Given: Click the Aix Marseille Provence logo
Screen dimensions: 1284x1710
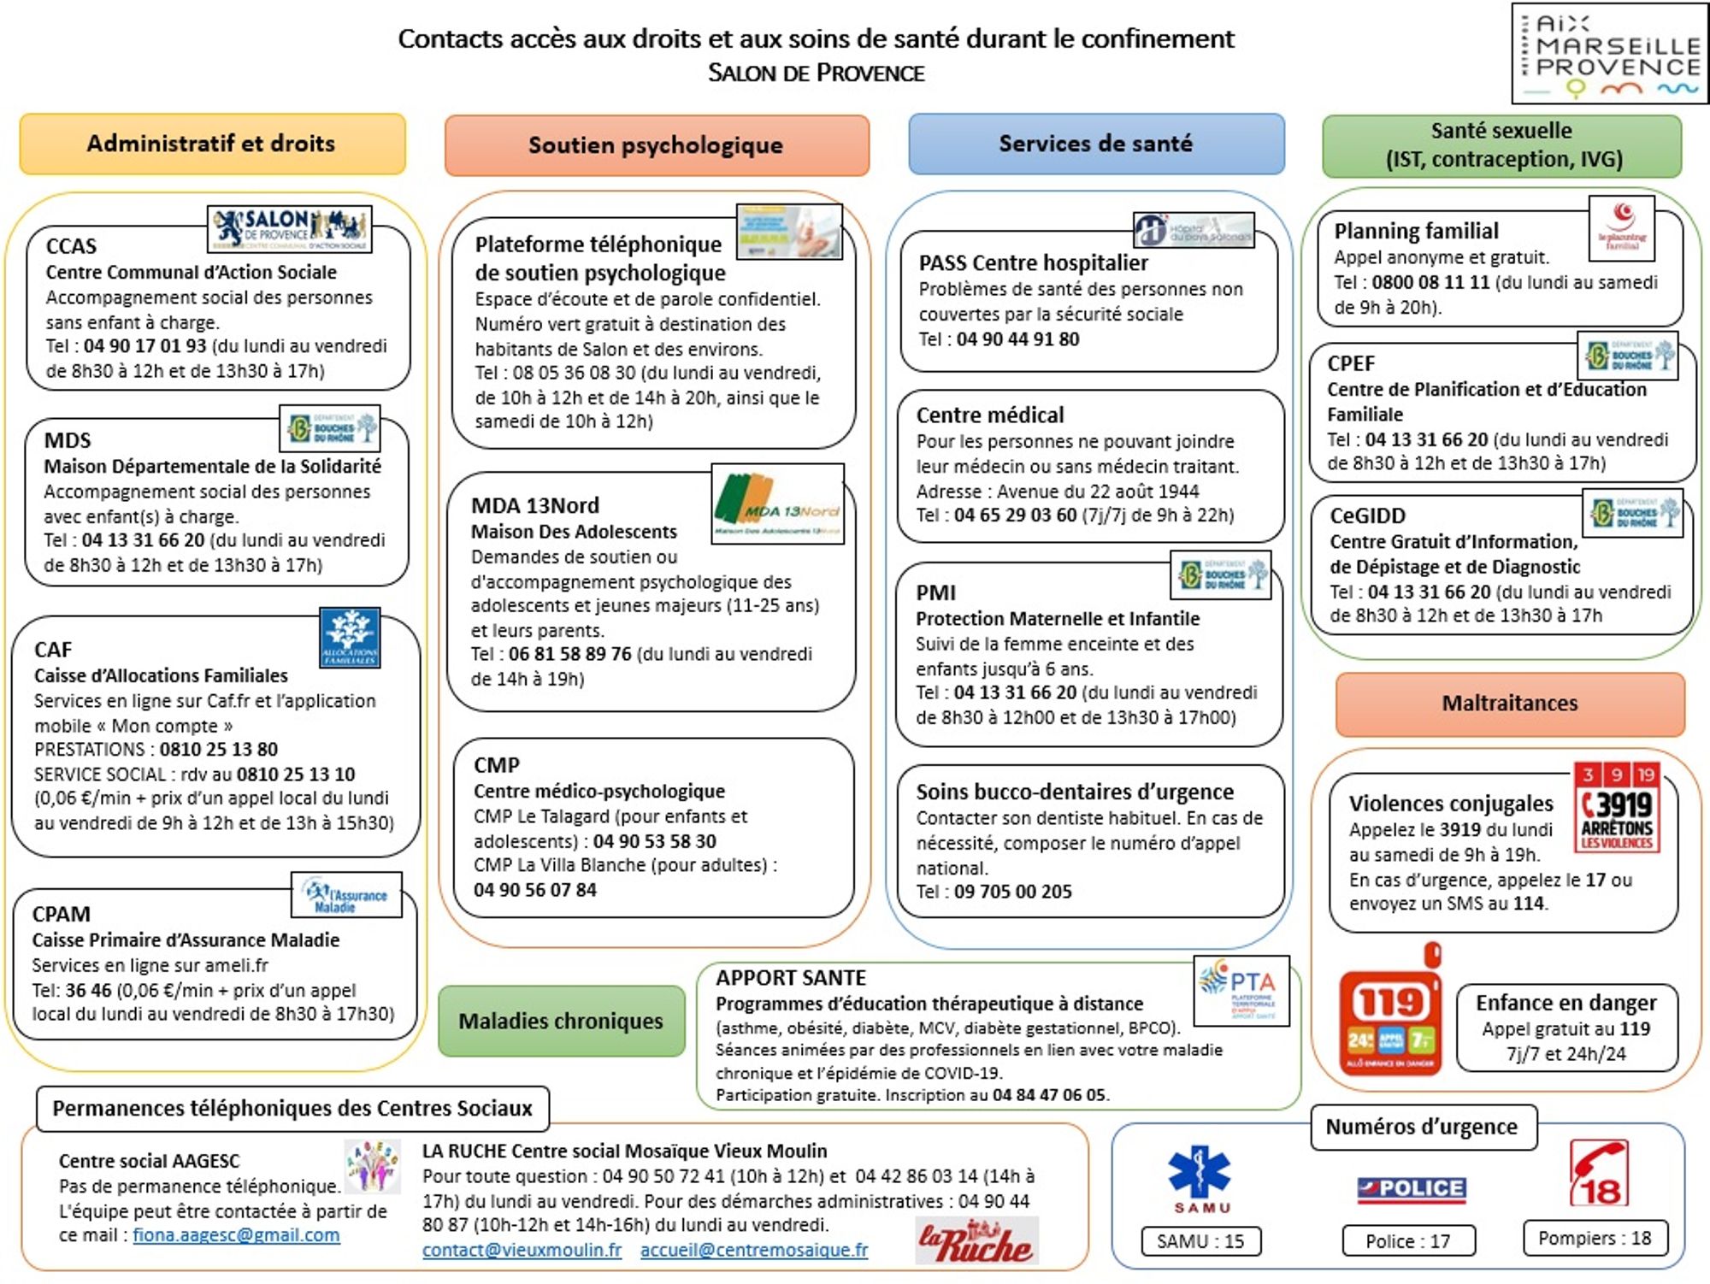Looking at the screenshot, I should [x=1609, y=54].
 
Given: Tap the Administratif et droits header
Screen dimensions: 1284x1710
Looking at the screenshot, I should [x=212, y=144].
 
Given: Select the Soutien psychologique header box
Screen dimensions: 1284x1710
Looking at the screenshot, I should [x=656, y=145].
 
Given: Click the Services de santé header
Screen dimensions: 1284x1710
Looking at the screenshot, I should [x=1095, y=144].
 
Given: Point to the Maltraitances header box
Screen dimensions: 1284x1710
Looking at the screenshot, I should [x=1510, y=704].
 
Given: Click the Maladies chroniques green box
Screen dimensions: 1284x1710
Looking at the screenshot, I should [x=561, y=1021].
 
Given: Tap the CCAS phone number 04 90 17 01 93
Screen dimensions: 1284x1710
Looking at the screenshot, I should [x=145, y=346].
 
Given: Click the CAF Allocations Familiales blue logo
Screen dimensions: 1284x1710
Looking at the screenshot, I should [x=350, y=638].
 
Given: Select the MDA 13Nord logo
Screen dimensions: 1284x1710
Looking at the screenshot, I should [x=778, y=504].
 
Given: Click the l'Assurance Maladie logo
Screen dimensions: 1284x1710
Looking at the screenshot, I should [x=346, y=895].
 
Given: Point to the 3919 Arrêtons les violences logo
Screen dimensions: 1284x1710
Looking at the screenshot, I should [x=1617, y=808].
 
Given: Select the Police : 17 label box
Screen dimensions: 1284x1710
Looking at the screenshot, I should [x=1408, y=1241].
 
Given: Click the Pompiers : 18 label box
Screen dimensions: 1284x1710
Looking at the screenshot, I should [x=1595, y=1238].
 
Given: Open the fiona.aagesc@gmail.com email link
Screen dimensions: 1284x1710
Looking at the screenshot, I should [x=236, y=1235].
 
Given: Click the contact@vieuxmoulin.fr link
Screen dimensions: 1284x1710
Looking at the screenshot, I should [x=522, y=1250].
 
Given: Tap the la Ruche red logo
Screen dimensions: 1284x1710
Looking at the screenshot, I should [x=976, y=1241].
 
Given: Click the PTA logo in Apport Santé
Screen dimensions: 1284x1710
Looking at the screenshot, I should [x=1241, y=990].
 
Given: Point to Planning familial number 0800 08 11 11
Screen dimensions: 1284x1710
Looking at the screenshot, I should [x=1431, y=282].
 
